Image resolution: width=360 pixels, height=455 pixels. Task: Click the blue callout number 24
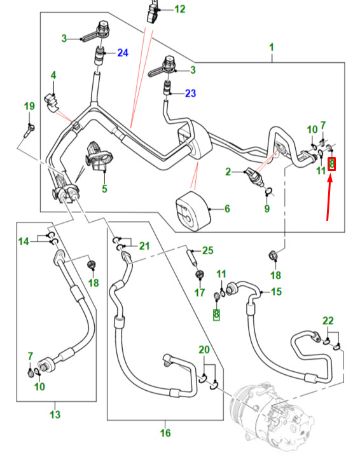tap(123, 53)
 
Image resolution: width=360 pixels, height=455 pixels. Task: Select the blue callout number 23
tap(190, 93)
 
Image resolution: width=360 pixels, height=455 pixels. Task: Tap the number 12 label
tap(180, 9)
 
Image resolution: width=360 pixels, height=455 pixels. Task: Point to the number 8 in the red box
tap(331, 164)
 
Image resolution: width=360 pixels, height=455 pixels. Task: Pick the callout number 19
tap(29, 106)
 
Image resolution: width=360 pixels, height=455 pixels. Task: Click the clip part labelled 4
tap(52, 102)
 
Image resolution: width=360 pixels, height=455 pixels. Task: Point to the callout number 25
tap(207, 250)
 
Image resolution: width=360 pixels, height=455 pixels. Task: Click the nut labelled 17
tap(200, 275)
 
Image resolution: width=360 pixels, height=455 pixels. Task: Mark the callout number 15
tap(276, 291)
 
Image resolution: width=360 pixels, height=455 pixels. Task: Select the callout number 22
tap(328, 321)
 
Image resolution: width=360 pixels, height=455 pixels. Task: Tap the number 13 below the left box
tap(55, 414)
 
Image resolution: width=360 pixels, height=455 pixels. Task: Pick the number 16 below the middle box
tap(165, 433)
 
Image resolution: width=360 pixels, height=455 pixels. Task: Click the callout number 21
tap(144, 246)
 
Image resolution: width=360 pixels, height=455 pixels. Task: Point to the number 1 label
tap(272, 47)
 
